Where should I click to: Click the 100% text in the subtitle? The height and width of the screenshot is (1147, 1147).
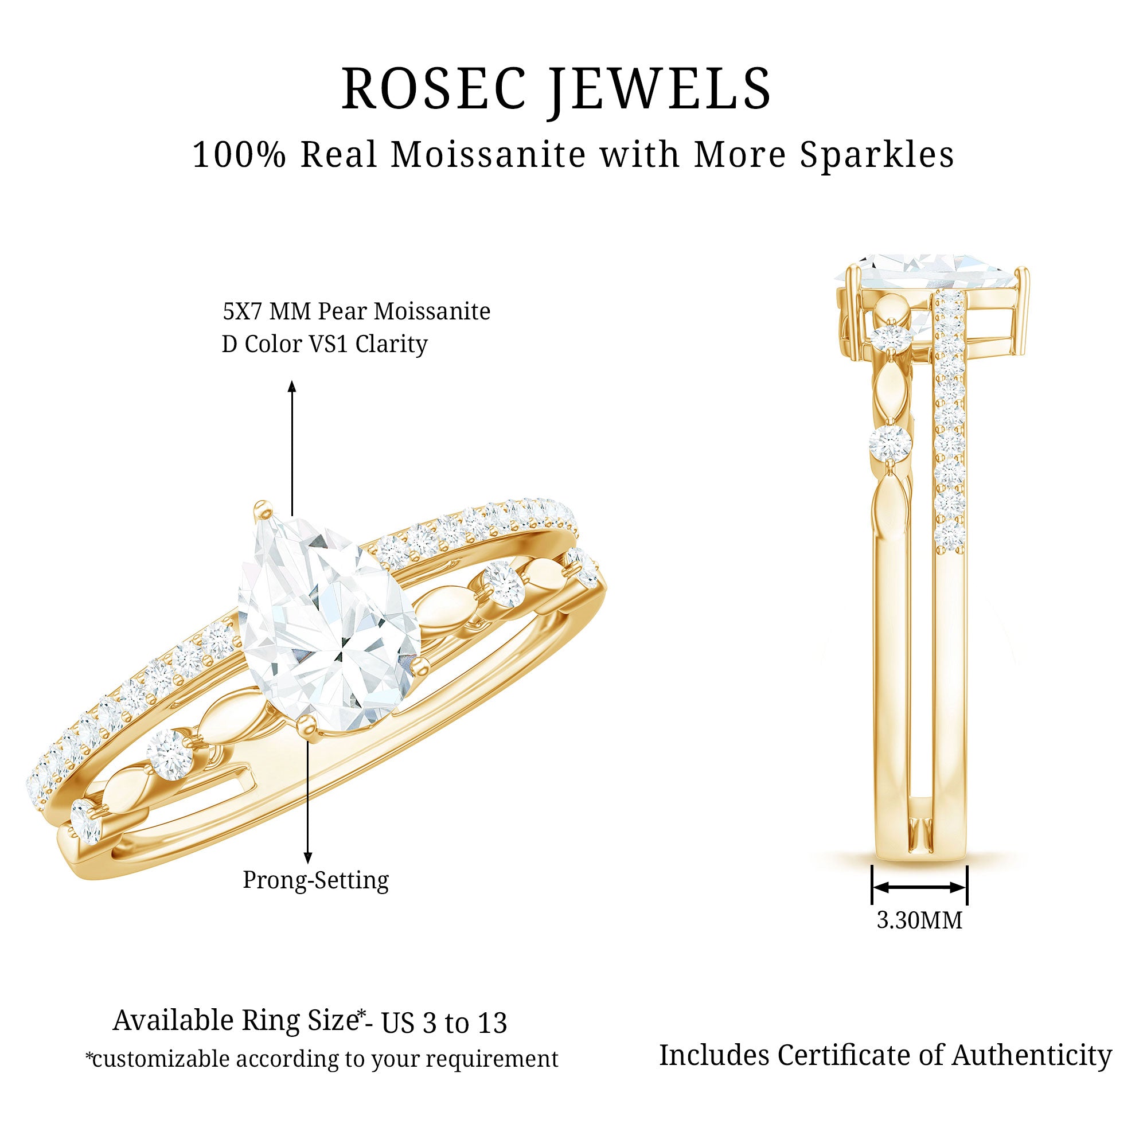pyautogui.click(x=239, y=155)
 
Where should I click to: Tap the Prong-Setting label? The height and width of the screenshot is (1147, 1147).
pyautogui.click(x=316, y=880)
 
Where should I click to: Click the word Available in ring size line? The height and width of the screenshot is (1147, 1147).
pyautogui.click(x=174, y=1021)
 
